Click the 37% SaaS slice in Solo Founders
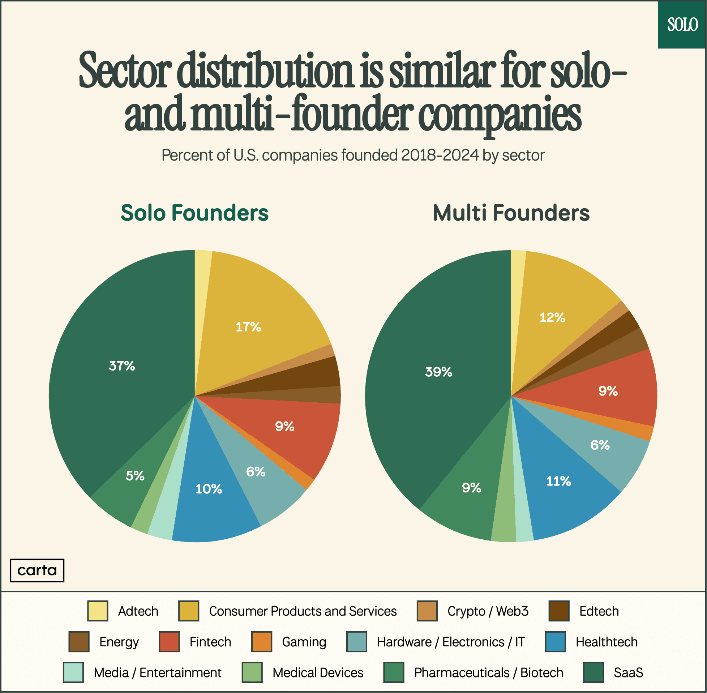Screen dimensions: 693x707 (121, 365)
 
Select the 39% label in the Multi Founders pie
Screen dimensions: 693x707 (438, 372)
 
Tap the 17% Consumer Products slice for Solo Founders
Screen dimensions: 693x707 (249, 326)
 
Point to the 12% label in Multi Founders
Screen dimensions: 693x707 (552, 317)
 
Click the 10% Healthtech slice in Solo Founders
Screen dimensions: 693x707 (209, 488)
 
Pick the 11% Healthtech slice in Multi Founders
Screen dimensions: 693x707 (558, 481)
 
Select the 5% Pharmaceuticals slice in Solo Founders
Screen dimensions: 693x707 (135, 475)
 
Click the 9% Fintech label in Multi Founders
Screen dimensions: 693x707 (608, 391)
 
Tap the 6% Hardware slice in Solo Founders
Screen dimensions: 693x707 (256, 472)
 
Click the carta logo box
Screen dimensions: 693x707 (37, 570)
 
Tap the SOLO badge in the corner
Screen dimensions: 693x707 (682, 24)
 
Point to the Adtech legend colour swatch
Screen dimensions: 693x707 (98, 611)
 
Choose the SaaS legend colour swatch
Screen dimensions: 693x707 (593, 672)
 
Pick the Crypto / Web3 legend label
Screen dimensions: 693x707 (488, 611)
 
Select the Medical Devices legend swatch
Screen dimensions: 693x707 (252, 672)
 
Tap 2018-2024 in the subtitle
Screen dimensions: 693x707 (440, 155)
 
